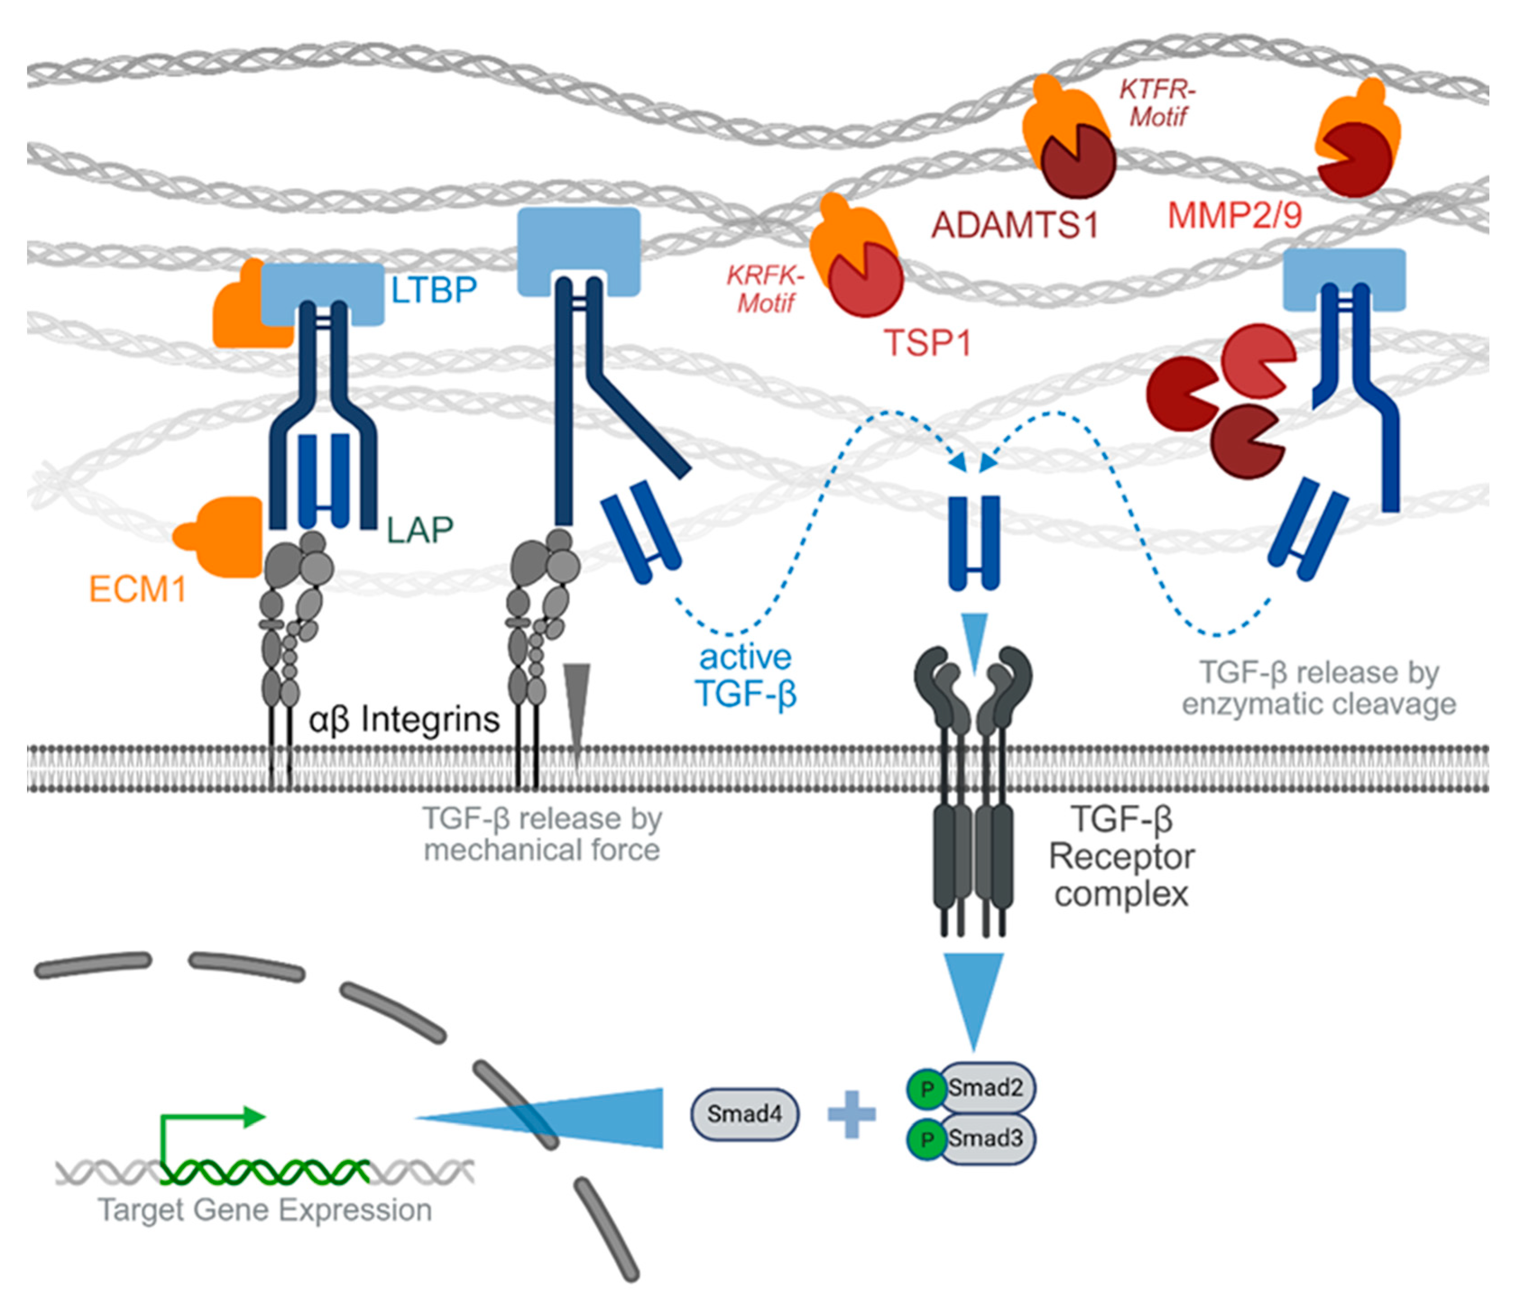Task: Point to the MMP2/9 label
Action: tap(1234, 215)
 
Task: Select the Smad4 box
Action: tap(745, 1113)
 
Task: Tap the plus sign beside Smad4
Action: tap(851, 1114)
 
